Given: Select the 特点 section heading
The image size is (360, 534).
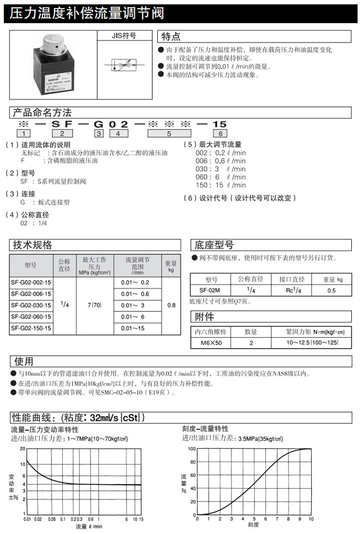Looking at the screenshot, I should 171,36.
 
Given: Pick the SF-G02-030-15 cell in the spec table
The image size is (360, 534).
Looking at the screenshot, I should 31,305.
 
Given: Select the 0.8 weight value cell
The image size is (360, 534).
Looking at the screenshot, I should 171,305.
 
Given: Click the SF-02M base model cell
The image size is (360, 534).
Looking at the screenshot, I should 211,291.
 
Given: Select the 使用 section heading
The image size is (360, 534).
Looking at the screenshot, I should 24,361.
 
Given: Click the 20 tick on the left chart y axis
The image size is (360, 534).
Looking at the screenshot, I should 22,449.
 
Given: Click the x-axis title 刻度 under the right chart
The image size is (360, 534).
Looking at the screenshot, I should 253,525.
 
